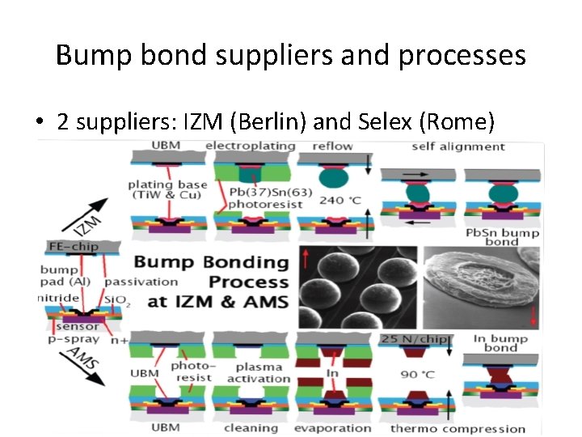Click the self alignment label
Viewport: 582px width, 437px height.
coord(458,146)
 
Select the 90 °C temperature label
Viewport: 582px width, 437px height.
coord(415,376)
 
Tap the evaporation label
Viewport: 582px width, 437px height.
coord(332,428)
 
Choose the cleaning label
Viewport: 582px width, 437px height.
coord(251,428)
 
